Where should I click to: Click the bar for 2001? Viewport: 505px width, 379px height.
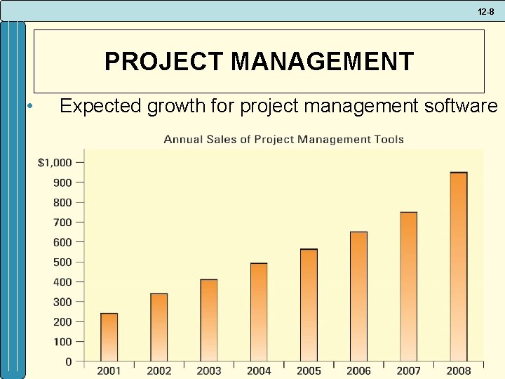[109, 337]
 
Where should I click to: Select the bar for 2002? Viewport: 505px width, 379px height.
[159, 327]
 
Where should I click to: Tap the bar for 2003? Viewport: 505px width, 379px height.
[209, 320]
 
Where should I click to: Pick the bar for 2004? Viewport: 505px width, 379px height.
[259, 312]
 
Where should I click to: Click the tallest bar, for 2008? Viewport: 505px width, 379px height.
[459, 267]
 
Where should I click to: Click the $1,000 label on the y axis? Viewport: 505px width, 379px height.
[55, 162]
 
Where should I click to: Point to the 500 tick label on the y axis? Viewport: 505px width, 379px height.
[63, 262]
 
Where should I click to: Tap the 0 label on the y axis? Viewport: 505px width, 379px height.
[69, 361]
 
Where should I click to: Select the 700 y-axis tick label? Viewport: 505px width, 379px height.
[63, 222]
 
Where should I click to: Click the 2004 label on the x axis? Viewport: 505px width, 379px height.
[259, 371]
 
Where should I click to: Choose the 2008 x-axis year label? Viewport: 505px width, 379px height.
[459, 371]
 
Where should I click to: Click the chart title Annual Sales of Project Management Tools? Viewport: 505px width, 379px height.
[283, 139]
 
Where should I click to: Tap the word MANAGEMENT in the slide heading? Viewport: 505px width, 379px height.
[322, 62]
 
